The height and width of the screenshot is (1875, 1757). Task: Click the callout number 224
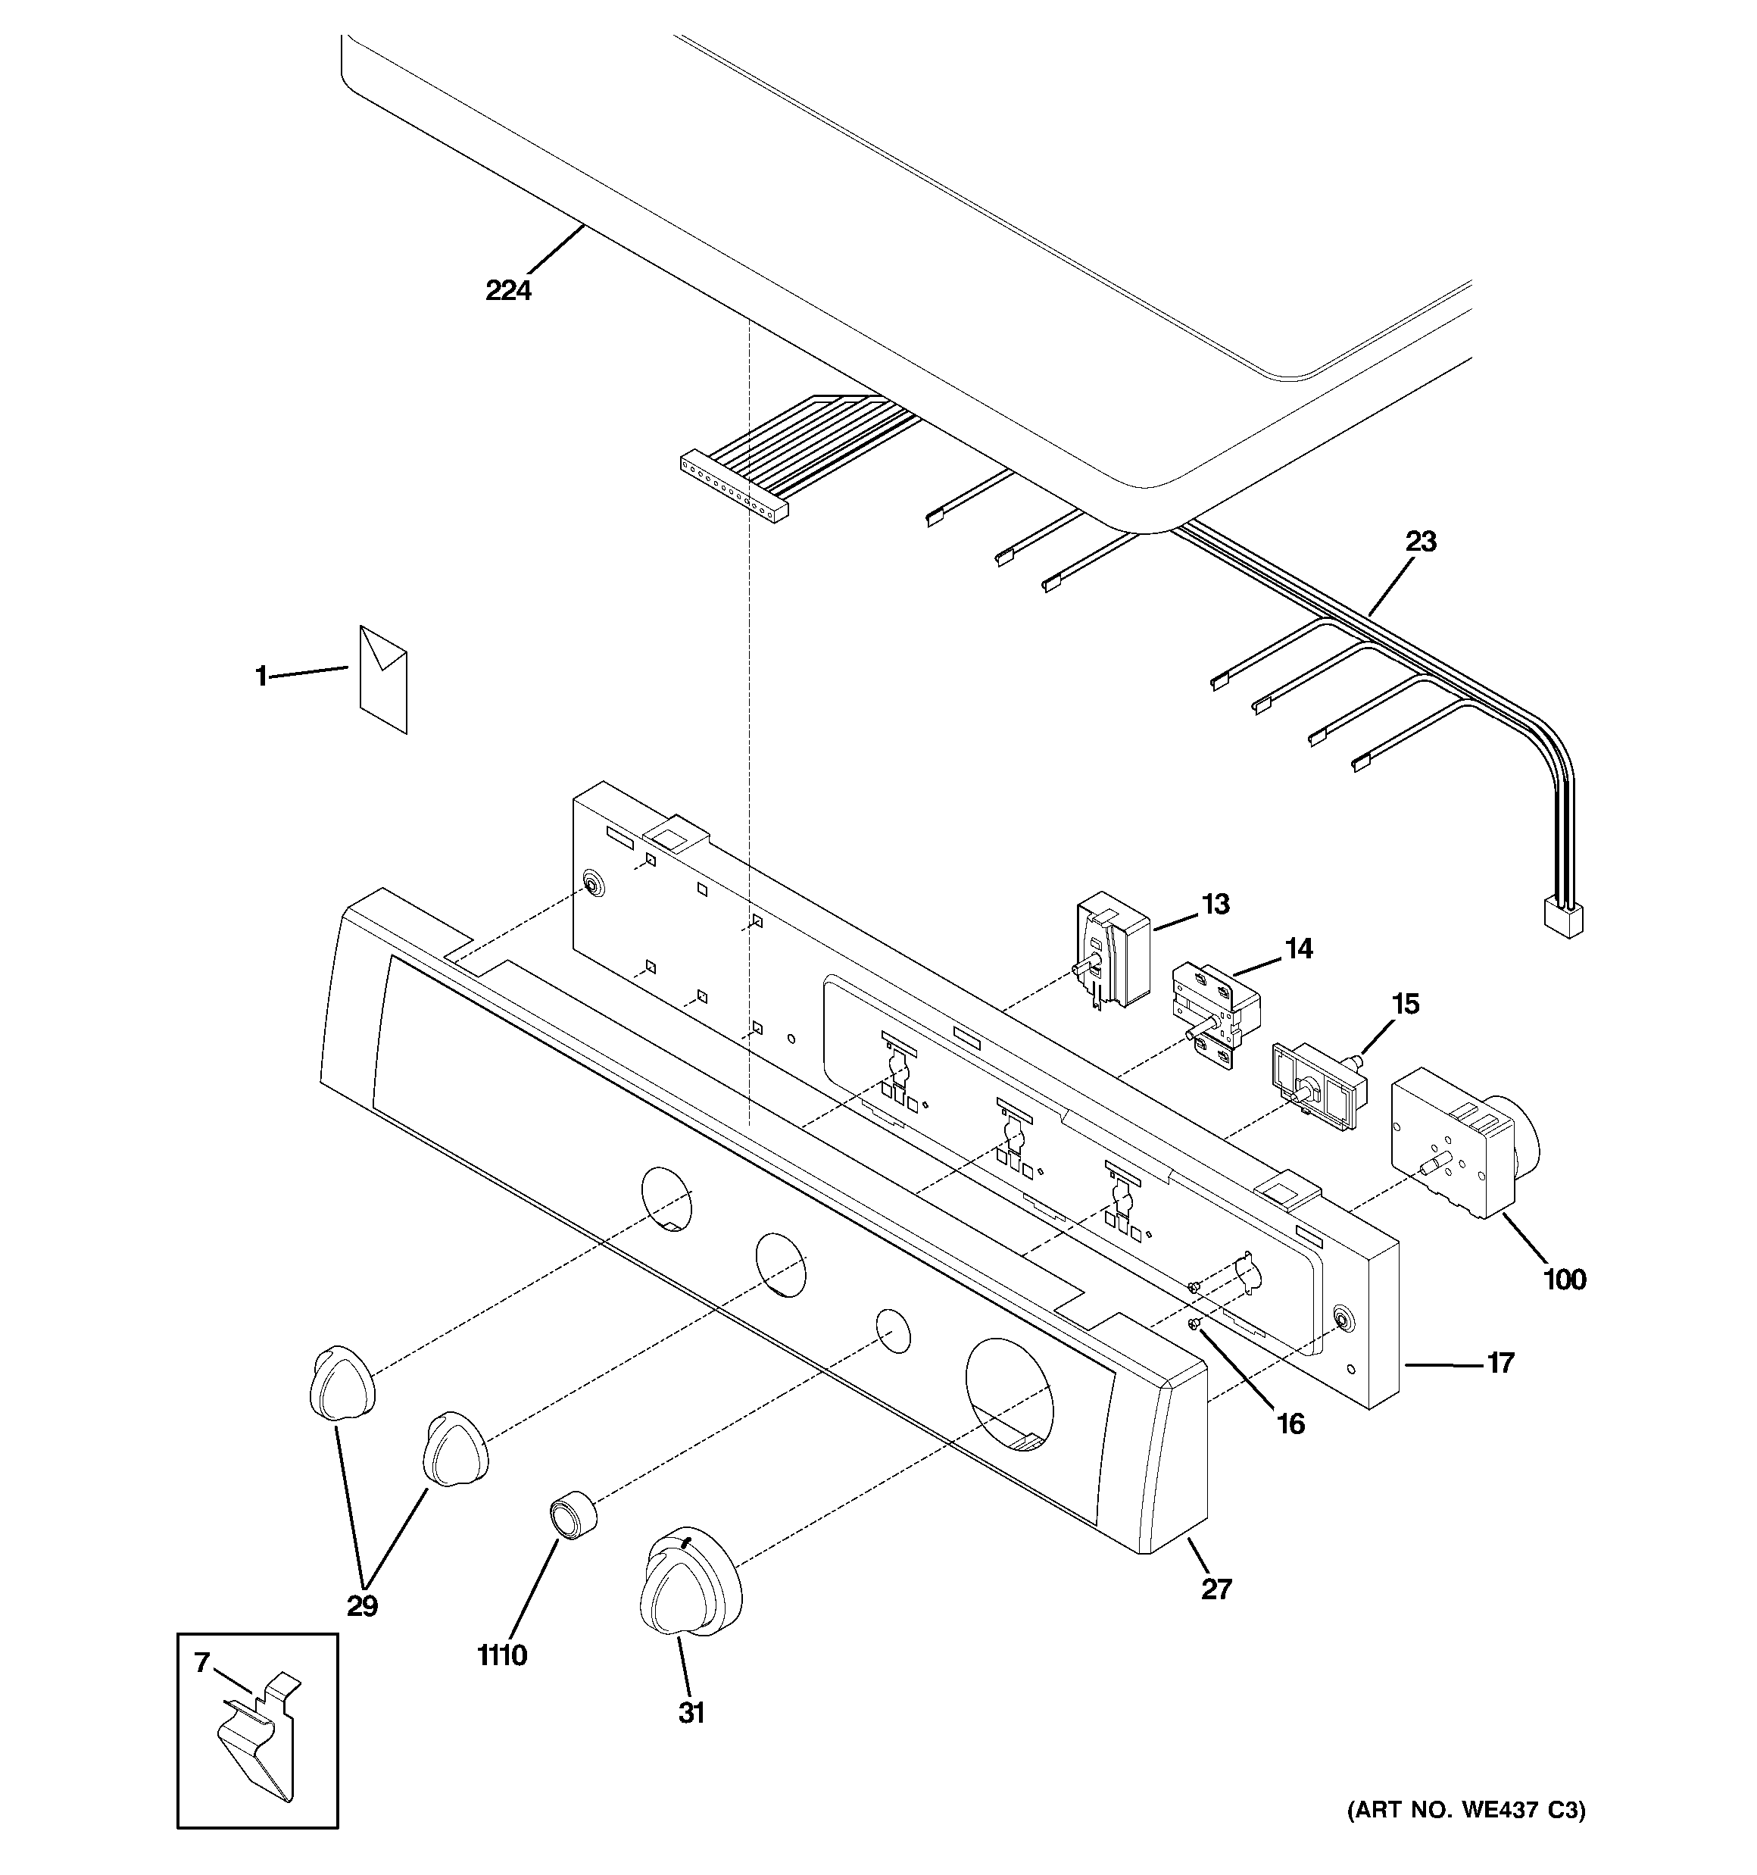point(508,290)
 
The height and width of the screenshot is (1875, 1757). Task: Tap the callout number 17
point(1500,1363)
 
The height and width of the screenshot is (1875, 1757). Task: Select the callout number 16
point(1290,1424)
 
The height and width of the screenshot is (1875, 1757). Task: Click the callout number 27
point(1216,1589)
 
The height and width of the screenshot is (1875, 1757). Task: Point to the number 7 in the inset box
point(201,1663)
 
